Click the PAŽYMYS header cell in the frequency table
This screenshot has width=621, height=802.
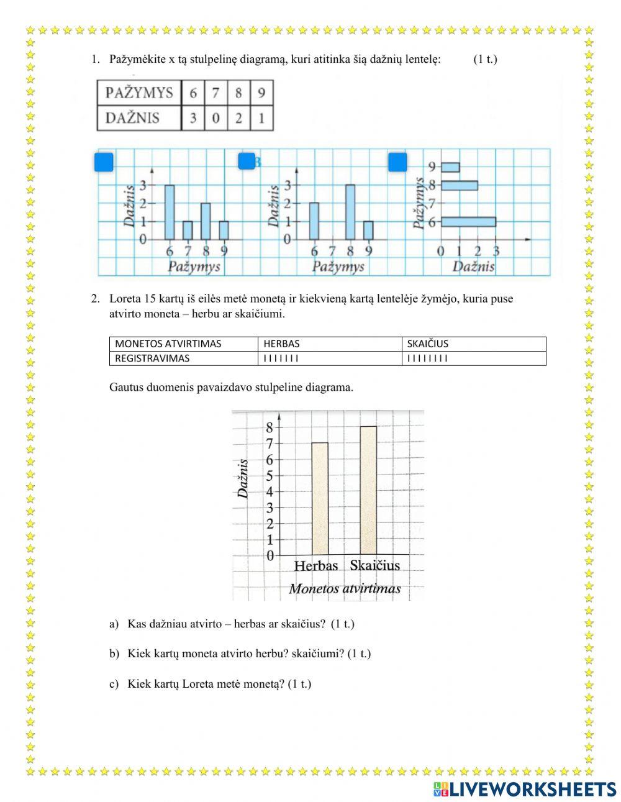[139, 93]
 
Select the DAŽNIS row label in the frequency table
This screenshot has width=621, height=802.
[132, 118]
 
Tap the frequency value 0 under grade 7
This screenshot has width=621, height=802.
[215, 118]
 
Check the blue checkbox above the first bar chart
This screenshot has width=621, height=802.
[104, 162]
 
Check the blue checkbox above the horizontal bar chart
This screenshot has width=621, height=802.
[397, 162]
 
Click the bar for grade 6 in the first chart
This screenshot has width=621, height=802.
[170, 212]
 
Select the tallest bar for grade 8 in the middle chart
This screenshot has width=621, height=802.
[350, 212]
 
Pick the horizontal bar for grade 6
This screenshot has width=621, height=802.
[468, 222]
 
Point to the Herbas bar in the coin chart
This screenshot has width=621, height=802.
[320, 498]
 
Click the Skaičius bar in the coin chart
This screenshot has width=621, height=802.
[368, 490]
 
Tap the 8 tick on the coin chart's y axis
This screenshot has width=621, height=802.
[270, 427]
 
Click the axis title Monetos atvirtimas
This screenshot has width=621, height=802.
[345, 589]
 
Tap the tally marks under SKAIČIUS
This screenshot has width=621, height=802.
[427, 358]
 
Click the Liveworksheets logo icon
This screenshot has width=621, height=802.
[441, 789]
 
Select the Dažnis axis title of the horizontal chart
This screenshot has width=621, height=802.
[473, 267]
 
